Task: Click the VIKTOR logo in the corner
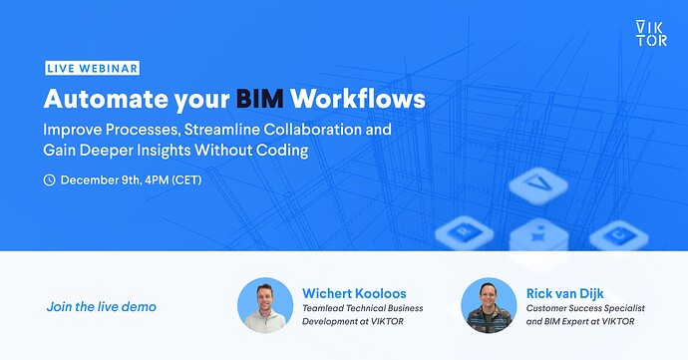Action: tap(651, 33)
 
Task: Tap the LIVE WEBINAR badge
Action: tap(91, 69)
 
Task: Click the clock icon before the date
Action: tap(49, 180)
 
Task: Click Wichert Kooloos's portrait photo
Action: tap(265, 305)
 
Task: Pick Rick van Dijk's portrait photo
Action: tap(489, 305)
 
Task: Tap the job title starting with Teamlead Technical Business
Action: tap(363, 309)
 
